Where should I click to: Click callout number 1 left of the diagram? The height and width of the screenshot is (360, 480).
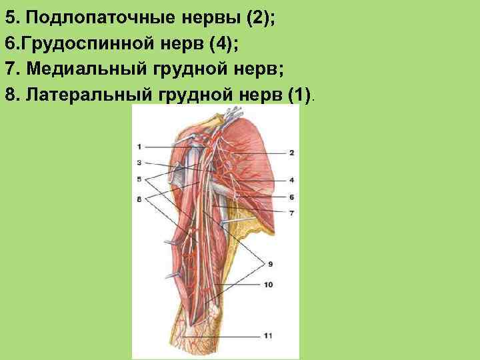(139, 146)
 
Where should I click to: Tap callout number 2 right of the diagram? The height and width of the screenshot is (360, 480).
(291, 153)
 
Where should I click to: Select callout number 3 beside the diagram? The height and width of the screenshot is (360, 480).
(139, 162)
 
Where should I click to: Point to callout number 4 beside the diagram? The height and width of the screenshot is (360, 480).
(291, 180)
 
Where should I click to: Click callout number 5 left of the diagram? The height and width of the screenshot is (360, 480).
(139, 179)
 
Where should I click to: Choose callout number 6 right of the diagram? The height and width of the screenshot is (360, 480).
(291, 197)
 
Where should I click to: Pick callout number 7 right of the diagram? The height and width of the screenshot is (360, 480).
(291, 213)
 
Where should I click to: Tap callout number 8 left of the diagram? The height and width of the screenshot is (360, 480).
(139, 199)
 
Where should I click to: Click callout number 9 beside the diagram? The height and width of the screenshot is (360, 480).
(269, 265)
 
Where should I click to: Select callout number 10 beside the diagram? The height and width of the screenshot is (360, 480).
(268, 285)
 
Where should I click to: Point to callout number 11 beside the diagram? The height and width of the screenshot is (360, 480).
(268, 335)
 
